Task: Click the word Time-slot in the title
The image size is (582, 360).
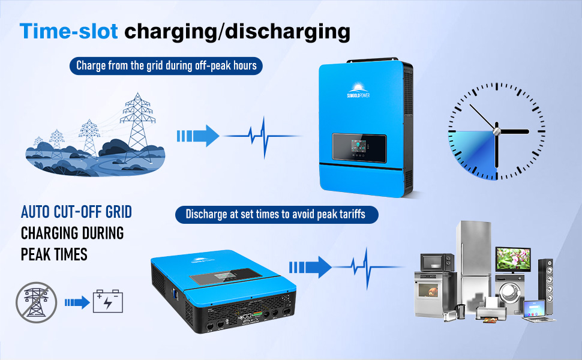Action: pyautogui.click(x=68, y=32)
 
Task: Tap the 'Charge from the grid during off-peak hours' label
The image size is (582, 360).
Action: pyautogui.click(x=167, y=65)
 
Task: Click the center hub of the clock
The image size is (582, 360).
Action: pyautogui.click(x=496, y=131)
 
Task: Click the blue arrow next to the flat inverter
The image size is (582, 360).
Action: pyautogui.click(x=310, y=265)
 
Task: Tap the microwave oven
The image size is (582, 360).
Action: pyautogui.click(x=437, y=262)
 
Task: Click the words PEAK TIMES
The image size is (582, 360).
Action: pyautogui.click(x=54, y=254)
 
